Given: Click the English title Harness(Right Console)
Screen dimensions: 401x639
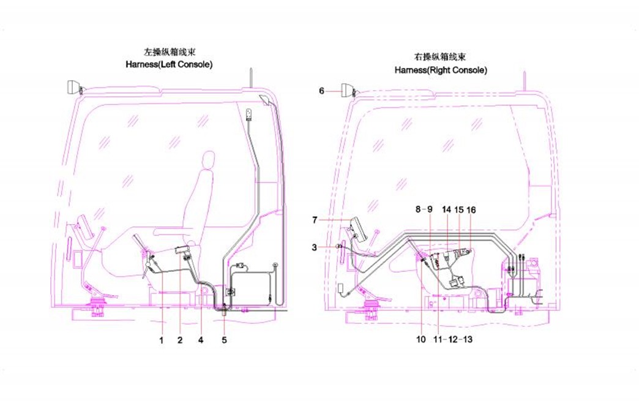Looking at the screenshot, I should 441,70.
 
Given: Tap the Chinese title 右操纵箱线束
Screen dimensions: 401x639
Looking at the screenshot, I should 441,58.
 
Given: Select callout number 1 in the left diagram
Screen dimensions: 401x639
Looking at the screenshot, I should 162,339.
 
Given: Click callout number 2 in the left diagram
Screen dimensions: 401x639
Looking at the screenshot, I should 180,339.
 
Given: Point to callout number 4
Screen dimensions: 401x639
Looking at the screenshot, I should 201,339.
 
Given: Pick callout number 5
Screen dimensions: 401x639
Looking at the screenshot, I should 224,339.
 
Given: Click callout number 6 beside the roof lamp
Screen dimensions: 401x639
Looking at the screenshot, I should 322,91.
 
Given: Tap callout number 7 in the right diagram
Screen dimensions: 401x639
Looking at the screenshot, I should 315,219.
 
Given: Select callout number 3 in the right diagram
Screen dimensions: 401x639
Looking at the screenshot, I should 314,247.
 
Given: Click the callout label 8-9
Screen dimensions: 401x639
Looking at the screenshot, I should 424,209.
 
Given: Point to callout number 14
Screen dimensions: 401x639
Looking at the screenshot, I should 446,209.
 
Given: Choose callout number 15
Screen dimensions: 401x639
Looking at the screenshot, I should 459,209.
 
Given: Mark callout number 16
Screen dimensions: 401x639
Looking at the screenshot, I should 471,209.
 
